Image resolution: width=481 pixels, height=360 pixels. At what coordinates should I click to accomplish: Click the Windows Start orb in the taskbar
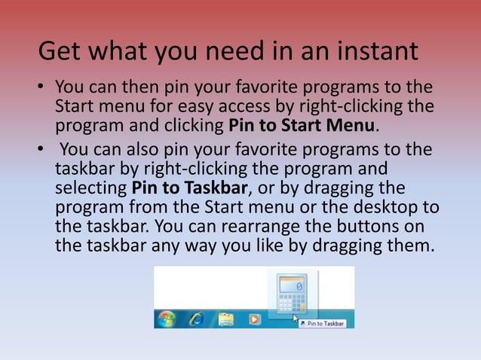point(165,318)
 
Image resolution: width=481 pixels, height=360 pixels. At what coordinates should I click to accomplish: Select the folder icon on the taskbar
point(225,319)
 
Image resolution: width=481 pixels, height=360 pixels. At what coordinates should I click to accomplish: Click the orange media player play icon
point(253,319)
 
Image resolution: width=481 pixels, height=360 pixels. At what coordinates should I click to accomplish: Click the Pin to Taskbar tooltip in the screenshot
point(325,323)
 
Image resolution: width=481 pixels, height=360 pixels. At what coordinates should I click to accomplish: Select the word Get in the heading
point(60,52)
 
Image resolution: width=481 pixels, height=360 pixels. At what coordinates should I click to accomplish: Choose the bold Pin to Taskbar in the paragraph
point(190,187)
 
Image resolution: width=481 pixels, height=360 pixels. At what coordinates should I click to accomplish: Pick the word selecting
point(90,188)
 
